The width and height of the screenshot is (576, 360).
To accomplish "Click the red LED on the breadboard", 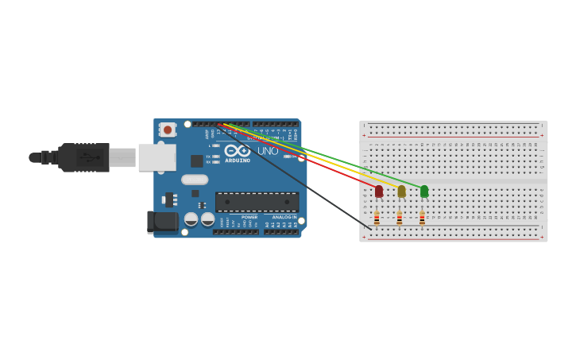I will (379, 191).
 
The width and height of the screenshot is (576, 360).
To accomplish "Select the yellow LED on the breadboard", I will (401, 191).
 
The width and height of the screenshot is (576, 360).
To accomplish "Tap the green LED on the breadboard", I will (424, 191).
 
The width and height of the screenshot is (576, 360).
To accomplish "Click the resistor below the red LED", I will (377, 218).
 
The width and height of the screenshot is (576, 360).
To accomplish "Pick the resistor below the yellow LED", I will (399, 218).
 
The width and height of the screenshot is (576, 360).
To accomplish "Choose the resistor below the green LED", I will (422, 218).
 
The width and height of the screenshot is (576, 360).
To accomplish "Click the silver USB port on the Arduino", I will (157, 157).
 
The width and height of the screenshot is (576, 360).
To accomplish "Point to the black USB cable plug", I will (84, 157).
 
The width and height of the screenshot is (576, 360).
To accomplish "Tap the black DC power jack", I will (163, 222).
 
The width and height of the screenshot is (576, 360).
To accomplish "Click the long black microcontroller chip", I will (257, 202).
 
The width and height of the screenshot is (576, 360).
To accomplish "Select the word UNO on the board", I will (268, 151).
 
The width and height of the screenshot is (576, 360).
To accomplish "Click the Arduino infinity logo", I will (237, 150).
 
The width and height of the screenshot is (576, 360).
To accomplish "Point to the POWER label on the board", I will (249, 217).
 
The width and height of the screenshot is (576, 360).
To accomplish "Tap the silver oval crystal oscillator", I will (195, 180).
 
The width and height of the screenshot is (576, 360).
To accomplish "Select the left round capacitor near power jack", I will (191, 219).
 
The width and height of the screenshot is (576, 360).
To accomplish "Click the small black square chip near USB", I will (196, 161).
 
